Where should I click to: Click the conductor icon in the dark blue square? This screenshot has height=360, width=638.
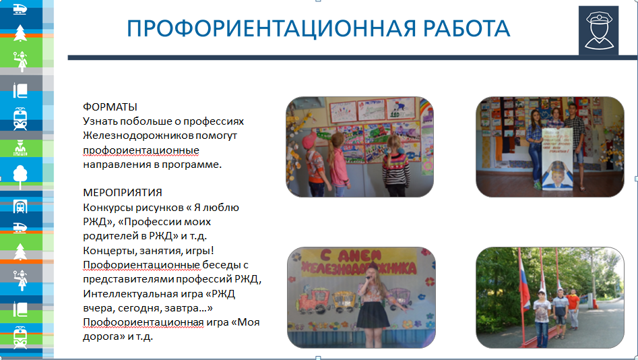pyautogui.click(x=598, y=30)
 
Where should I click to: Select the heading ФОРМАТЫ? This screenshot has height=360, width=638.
pyautogui.click(x=110, y=107)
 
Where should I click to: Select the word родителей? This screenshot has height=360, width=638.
pyautogui.click(x=108, y=236)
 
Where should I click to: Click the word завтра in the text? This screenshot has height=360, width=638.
pyautogui.click(x=191, y=307)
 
